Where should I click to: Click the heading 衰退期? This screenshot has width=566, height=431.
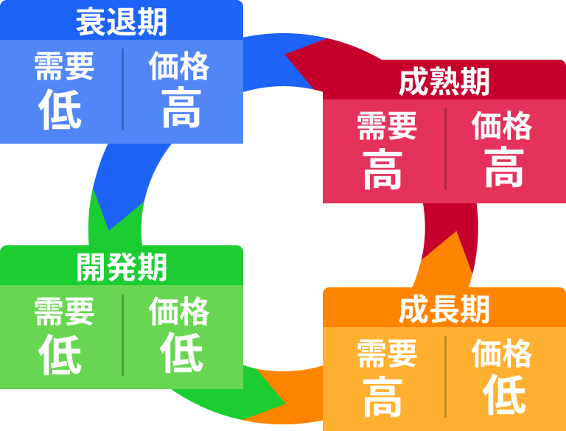(122, 22)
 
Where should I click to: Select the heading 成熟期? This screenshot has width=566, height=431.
(444, 82)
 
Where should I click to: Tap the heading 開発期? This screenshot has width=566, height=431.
(122, 267)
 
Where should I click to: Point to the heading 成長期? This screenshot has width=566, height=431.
(444, 310)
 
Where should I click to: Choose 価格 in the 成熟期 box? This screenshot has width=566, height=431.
(502, 126)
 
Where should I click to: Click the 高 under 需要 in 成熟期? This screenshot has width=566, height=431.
(383, 169)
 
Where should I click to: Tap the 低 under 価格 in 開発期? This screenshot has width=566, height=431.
(181, 353)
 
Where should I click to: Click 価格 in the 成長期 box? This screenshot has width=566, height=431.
(502, 354)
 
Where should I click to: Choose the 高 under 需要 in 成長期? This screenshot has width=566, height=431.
(383, 396)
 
